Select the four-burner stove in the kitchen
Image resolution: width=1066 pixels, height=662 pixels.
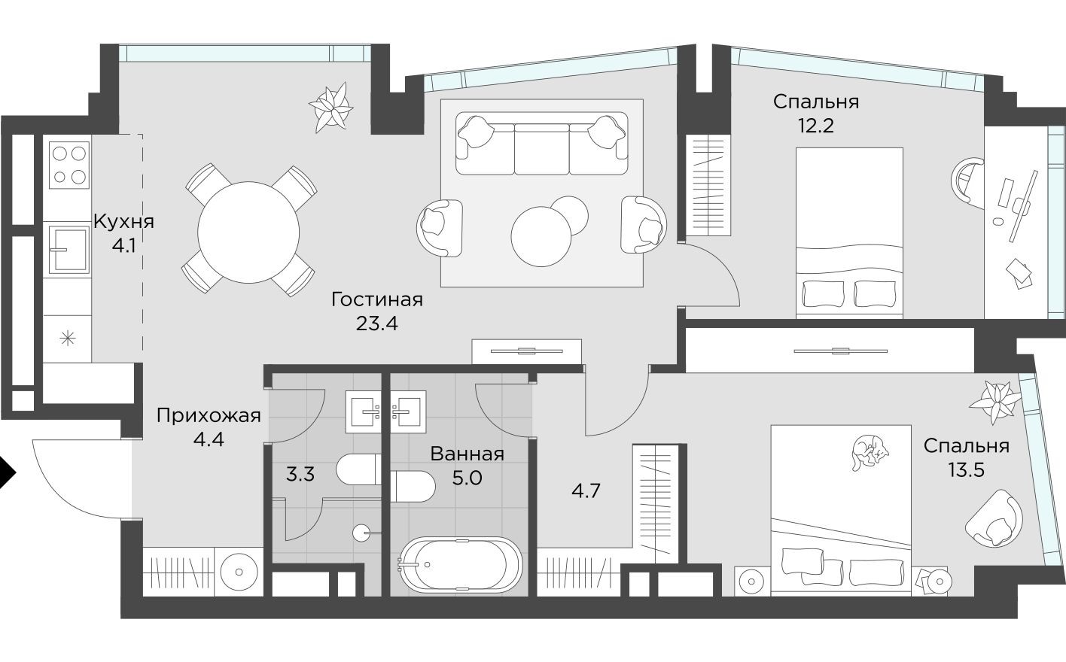pyautogui.click(x=69, y=165)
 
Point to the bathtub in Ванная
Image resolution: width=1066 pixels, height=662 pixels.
pyautogui.click(x=460, y=564)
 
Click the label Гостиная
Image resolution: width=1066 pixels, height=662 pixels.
pyautogui.click(x=377, y=299)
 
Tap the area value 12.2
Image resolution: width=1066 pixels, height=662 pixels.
pyautogui.click(x=815, y=125)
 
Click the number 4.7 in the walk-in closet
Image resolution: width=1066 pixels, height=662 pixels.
pyautogui.click(x=586, y=491)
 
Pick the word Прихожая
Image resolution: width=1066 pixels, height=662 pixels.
pyautogui.click(x=209, y=415)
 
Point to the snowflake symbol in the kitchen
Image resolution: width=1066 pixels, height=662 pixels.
pyautogui.click(x=68, y=339)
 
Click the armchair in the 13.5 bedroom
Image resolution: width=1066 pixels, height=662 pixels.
pyautogui.click(x=995, y=518)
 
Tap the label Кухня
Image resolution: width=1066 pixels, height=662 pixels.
pyautogui.click(x=123, y=222)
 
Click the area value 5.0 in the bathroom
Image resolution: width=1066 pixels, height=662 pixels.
pyautogui.click(x=466, y=478)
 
